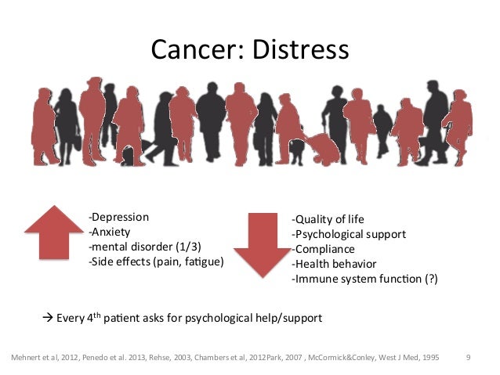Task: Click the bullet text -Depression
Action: point(118,217)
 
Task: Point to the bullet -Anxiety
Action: point(109,232)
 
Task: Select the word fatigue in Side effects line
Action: point(205,261)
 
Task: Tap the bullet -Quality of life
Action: point(328,219)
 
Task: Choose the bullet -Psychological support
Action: point(348,234)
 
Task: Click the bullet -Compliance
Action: point(322,249)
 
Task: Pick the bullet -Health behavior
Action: point(333,264)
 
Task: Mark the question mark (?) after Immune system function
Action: point(430,279)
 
